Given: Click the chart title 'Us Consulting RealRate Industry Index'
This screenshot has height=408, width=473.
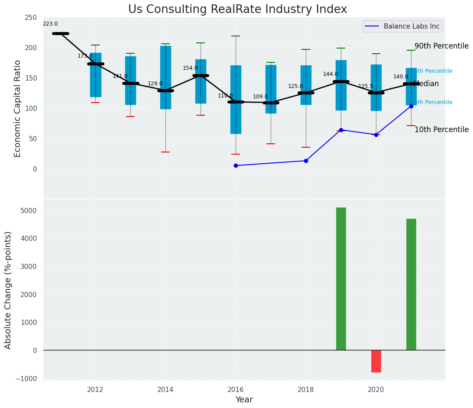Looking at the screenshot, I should tap(237, 10).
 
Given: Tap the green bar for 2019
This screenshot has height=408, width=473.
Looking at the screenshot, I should tap(341, 278).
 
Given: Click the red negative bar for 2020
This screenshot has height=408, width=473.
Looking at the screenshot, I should tap(376, 361).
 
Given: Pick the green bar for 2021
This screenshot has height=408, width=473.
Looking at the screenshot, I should tap(411, 284).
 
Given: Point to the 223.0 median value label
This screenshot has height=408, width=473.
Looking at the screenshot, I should tap(50, 24).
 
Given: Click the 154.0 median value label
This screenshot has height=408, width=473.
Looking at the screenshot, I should tap(190, 68).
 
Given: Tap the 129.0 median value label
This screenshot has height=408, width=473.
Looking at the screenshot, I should tap(155, 84).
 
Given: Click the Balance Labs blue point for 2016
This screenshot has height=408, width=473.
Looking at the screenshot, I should tap(236, 165).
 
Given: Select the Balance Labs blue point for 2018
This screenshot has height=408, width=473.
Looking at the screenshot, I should tap(306, 161).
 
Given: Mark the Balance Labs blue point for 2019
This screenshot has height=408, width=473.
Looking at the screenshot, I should tap(341, 130).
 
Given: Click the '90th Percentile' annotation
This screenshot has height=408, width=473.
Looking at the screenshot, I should tap(441, 46).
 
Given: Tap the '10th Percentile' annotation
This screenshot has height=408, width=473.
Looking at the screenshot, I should tap(441, 130).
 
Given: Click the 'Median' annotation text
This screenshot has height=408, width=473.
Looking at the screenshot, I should tap(426, 84).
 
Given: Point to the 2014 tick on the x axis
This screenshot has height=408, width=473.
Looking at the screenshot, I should tap(165, 389).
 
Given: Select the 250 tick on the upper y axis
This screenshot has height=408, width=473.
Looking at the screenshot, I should tap(31, 17).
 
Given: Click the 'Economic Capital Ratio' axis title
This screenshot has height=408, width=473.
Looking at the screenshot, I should tap(18, 108).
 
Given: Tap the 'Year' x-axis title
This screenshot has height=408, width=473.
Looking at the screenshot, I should tap(244, 400).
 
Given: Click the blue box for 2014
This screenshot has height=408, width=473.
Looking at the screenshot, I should tap(165, 78).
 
